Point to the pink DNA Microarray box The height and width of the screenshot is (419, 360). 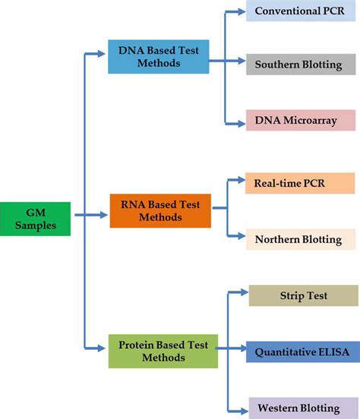300,120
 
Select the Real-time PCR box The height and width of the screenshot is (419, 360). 298,184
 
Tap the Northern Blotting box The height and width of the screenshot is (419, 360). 298,238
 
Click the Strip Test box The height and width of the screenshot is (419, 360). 302,295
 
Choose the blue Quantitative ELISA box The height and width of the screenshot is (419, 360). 302,351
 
